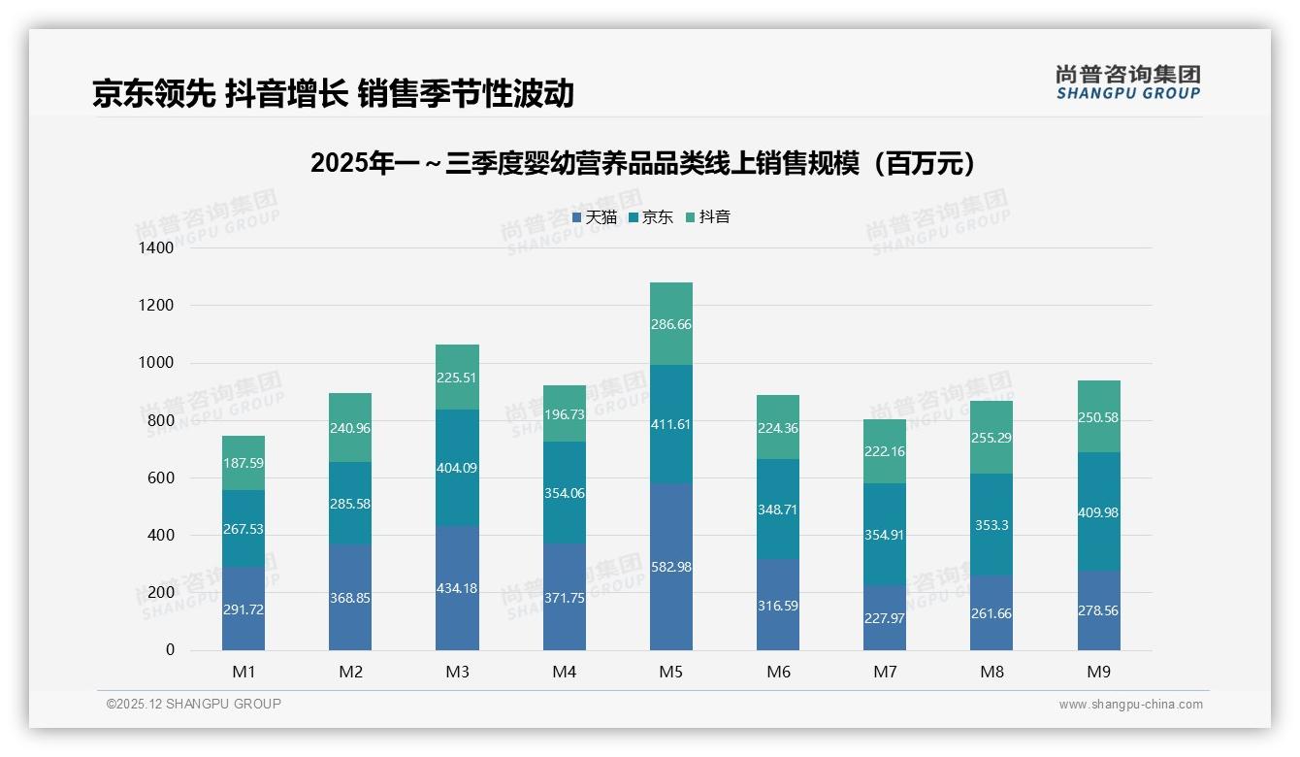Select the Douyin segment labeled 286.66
click(x=671, y=324)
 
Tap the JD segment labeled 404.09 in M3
click(x=457, y=468)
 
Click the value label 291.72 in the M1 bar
click(x=243, y=609)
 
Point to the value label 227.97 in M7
click(x=885, y=617)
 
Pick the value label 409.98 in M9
click(x=1098, y=512)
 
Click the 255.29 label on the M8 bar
click(x=991, y=438)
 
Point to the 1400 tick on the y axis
click(x=157, y=248)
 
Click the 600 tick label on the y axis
click(x=162, y=478)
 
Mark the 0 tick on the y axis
click(x=170, y=650)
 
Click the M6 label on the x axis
click(x=778, y=672)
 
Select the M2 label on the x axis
click(x=350, y=672)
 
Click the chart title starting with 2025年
click(x=642, y=164)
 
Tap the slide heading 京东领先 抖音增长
click(x=333, y=93)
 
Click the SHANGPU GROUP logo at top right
click(x=1127, y=82)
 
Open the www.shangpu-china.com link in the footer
click(x=1130, y=705)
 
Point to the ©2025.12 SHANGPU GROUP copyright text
click(x=194, y=704)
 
